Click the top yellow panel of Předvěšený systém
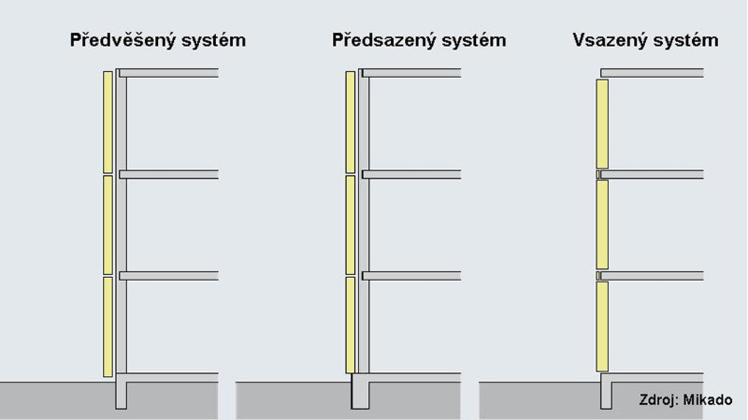pyautogui.click(x=108, y=121)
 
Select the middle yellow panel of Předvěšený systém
pyautogui.click(x=108, y=224)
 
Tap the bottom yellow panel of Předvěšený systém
pyautogui.click(x=108, y=325)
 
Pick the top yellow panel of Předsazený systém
pyautogui.click(x=351, y=121)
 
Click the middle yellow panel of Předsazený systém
pyautogui.click(x=351, y=224)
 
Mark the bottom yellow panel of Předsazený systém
pyautogui.click(x=351, y=325)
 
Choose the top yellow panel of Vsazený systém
pyautogui.click(x=602, y=123)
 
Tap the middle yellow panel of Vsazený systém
pyautogui.click(x=602, y=224)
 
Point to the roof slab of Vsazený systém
pyautogui.click(x=651, y=72)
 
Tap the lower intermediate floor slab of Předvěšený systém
pyautogui.click(x=172, y=275)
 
